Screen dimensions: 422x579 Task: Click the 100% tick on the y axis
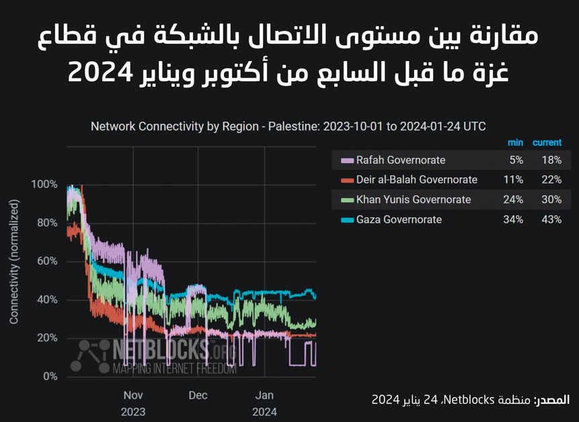click(44, 184)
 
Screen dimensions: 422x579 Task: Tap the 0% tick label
click(50, 376)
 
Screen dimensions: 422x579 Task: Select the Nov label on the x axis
click(133, 395)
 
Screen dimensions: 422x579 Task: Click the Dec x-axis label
click(198, 395)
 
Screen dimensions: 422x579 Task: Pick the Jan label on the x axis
click(264, 395)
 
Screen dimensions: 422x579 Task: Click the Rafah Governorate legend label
click(401, 160)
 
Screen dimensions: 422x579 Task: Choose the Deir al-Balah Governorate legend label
click(417, 179)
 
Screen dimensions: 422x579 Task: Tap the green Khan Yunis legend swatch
click(347, 200)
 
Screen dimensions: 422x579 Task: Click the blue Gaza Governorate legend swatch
click(347, 220)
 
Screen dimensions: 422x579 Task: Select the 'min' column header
click(515, 142)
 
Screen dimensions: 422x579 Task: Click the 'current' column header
click(547, 142)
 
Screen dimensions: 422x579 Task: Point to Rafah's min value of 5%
click(516, 160)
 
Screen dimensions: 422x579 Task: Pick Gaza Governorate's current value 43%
click(551, 219)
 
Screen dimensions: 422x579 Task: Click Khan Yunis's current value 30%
click(551, 200)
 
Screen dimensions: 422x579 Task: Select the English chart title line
click(288, 126)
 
